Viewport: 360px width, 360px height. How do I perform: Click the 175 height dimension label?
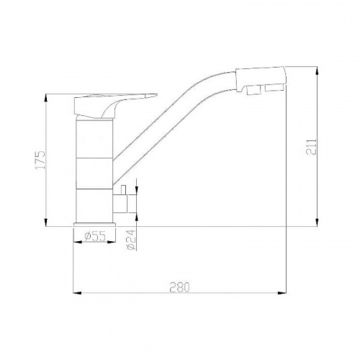tap(40, 160)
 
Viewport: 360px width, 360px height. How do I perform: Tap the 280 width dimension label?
tap(179, 287)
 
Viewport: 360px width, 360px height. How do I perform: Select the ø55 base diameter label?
tap(95, 236)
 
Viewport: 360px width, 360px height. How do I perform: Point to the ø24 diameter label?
tap(132, 240)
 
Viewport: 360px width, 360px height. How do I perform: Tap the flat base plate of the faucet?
tap(94, 225)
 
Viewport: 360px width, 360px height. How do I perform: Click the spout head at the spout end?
tap(261, 78)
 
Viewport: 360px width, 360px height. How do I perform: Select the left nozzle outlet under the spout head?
tap(254, 90)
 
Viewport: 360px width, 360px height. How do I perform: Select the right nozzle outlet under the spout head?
tap(275, 88)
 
